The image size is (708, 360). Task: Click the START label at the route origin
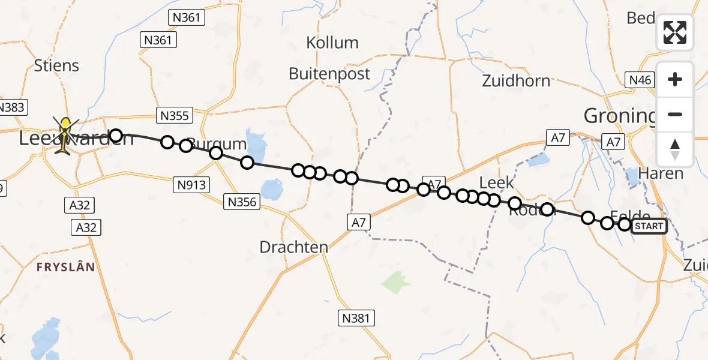coord(649,226)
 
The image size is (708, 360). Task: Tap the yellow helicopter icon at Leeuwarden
coord(65,135)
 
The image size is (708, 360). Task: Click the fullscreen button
coord(675,32)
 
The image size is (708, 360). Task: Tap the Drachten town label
coord(294,247)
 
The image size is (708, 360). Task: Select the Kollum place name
coord(332,43)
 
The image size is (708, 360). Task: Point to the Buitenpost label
coord(329,74)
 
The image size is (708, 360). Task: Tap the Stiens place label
coord(56,65)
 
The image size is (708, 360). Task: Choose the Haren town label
coord(661,173)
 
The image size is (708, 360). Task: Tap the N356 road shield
coord(243,202)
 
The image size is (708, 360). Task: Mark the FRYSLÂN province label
coord(65,267)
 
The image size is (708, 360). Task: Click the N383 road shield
coord(10,108)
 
